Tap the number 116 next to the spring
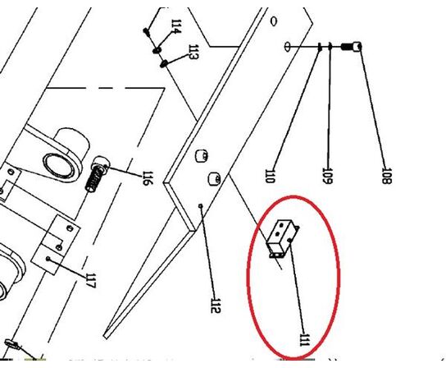(x=147, y=177)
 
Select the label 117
(x=90, y=280)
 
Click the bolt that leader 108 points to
(x=356, y=47)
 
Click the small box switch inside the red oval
(x=283, y=239)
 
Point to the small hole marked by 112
(x=201, y=206)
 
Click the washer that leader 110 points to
(x=318, y=47)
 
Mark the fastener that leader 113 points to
(x=164, y=62)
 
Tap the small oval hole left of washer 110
(x=289, y=45)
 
